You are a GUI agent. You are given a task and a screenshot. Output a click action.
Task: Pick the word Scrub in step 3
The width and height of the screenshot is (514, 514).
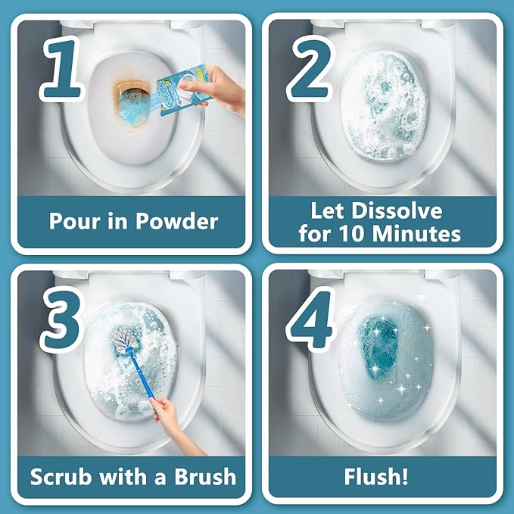63,477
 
